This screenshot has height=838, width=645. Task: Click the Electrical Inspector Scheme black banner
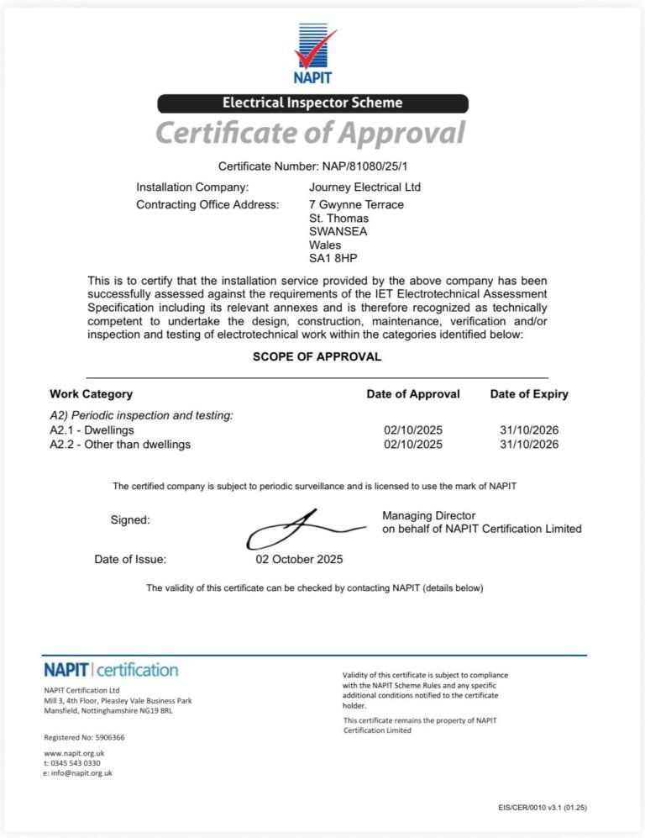[x=312, y=103]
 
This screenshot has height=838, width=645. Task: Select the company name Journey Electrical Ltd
[x=364, y=187]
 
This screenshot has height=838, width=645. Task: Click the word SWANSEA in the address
[x=338, y=231]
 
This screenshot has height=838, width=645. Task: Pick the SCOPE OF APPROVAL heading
[x=317, y=356]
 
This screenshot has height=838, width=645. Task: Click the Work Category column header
[x=91, y=393]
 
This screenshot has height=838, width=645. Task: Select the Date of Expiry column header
[x=529, y=393]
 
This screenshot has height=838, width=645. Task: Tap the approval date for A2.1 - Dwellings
[x=412, y=430]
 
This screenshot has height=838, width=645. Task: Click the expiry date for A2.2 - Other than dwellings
[x=529, y=444]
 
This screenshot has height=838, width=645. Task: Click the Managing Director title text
[x=428, y=515]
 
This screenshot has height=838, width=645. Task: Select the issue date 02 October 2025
[x=299, y=559]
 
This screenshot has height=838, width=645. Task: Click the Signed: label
[x=130, y=520]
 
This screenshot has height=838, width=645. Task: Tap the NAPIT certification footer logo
[x=111, y=670]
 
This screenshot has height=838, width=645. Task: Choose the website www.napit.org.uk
[x=74, y=753]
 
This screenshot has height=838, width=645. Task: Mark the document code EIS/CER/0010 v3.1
[x=529, y=808]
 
